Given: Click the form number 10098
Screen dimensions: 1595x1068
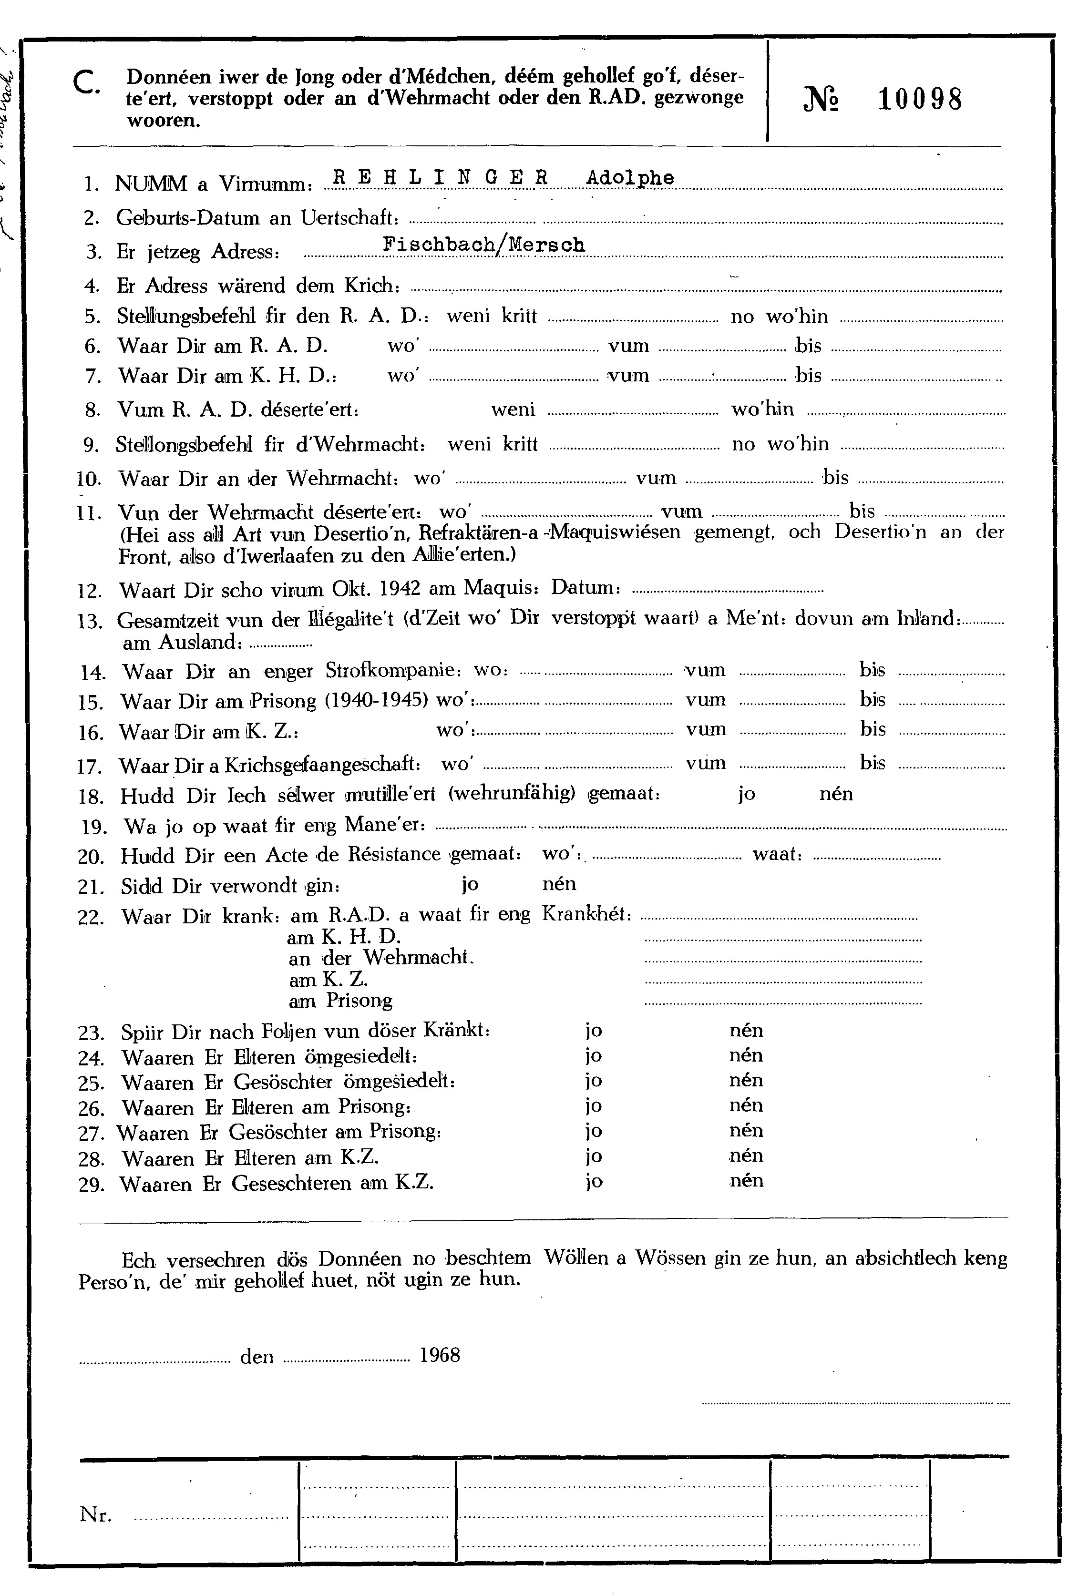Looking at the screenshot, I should pyautogui.click(x=920, y=100).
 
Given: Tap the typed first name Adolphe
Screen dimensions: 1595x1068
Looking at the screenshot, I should pyautogui.click(x=630, y=178).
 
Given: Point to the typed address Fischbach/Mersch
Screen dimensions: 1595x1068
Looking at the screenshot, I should pyautogui.click(x=483, y=245).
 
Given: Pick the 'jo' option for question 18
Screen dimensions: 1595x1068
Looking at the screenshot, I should pyautogui.click(x=747, y=795).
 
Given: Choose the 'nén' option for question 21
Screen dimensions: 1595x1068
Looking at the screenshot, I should pyautogui.click(x=559, y=884).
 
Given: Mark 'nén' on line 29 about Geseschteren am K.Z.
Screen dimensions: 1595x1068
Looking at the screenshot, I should pyautogui.click(x=747, y=1180).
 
